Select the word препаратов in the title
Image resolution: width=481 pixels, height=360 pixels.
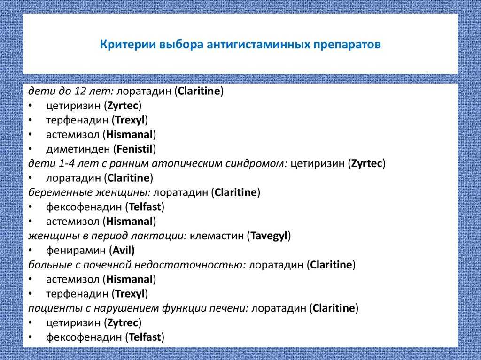click(347, 45)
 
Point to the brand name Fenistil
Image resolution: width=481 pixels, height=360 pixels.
click(135, 149)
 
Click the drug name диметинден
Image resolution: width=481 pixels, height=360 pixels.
click(78, 149)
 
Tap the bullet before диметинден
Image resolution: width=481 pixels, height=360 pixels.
click(30, 149)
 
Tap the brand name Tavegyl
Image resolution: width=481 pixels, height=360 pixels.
click(269, 236)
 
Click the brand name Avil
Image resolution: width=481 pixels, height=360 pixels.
click(122, 250)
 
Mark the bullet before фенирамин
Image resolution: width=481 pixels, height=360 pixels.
click(30, 251)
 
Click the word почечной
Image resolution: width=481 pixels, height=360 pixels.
click(106, 265)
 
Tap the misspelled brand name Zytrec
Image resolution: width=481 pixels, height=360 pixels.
click(123, 322)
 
